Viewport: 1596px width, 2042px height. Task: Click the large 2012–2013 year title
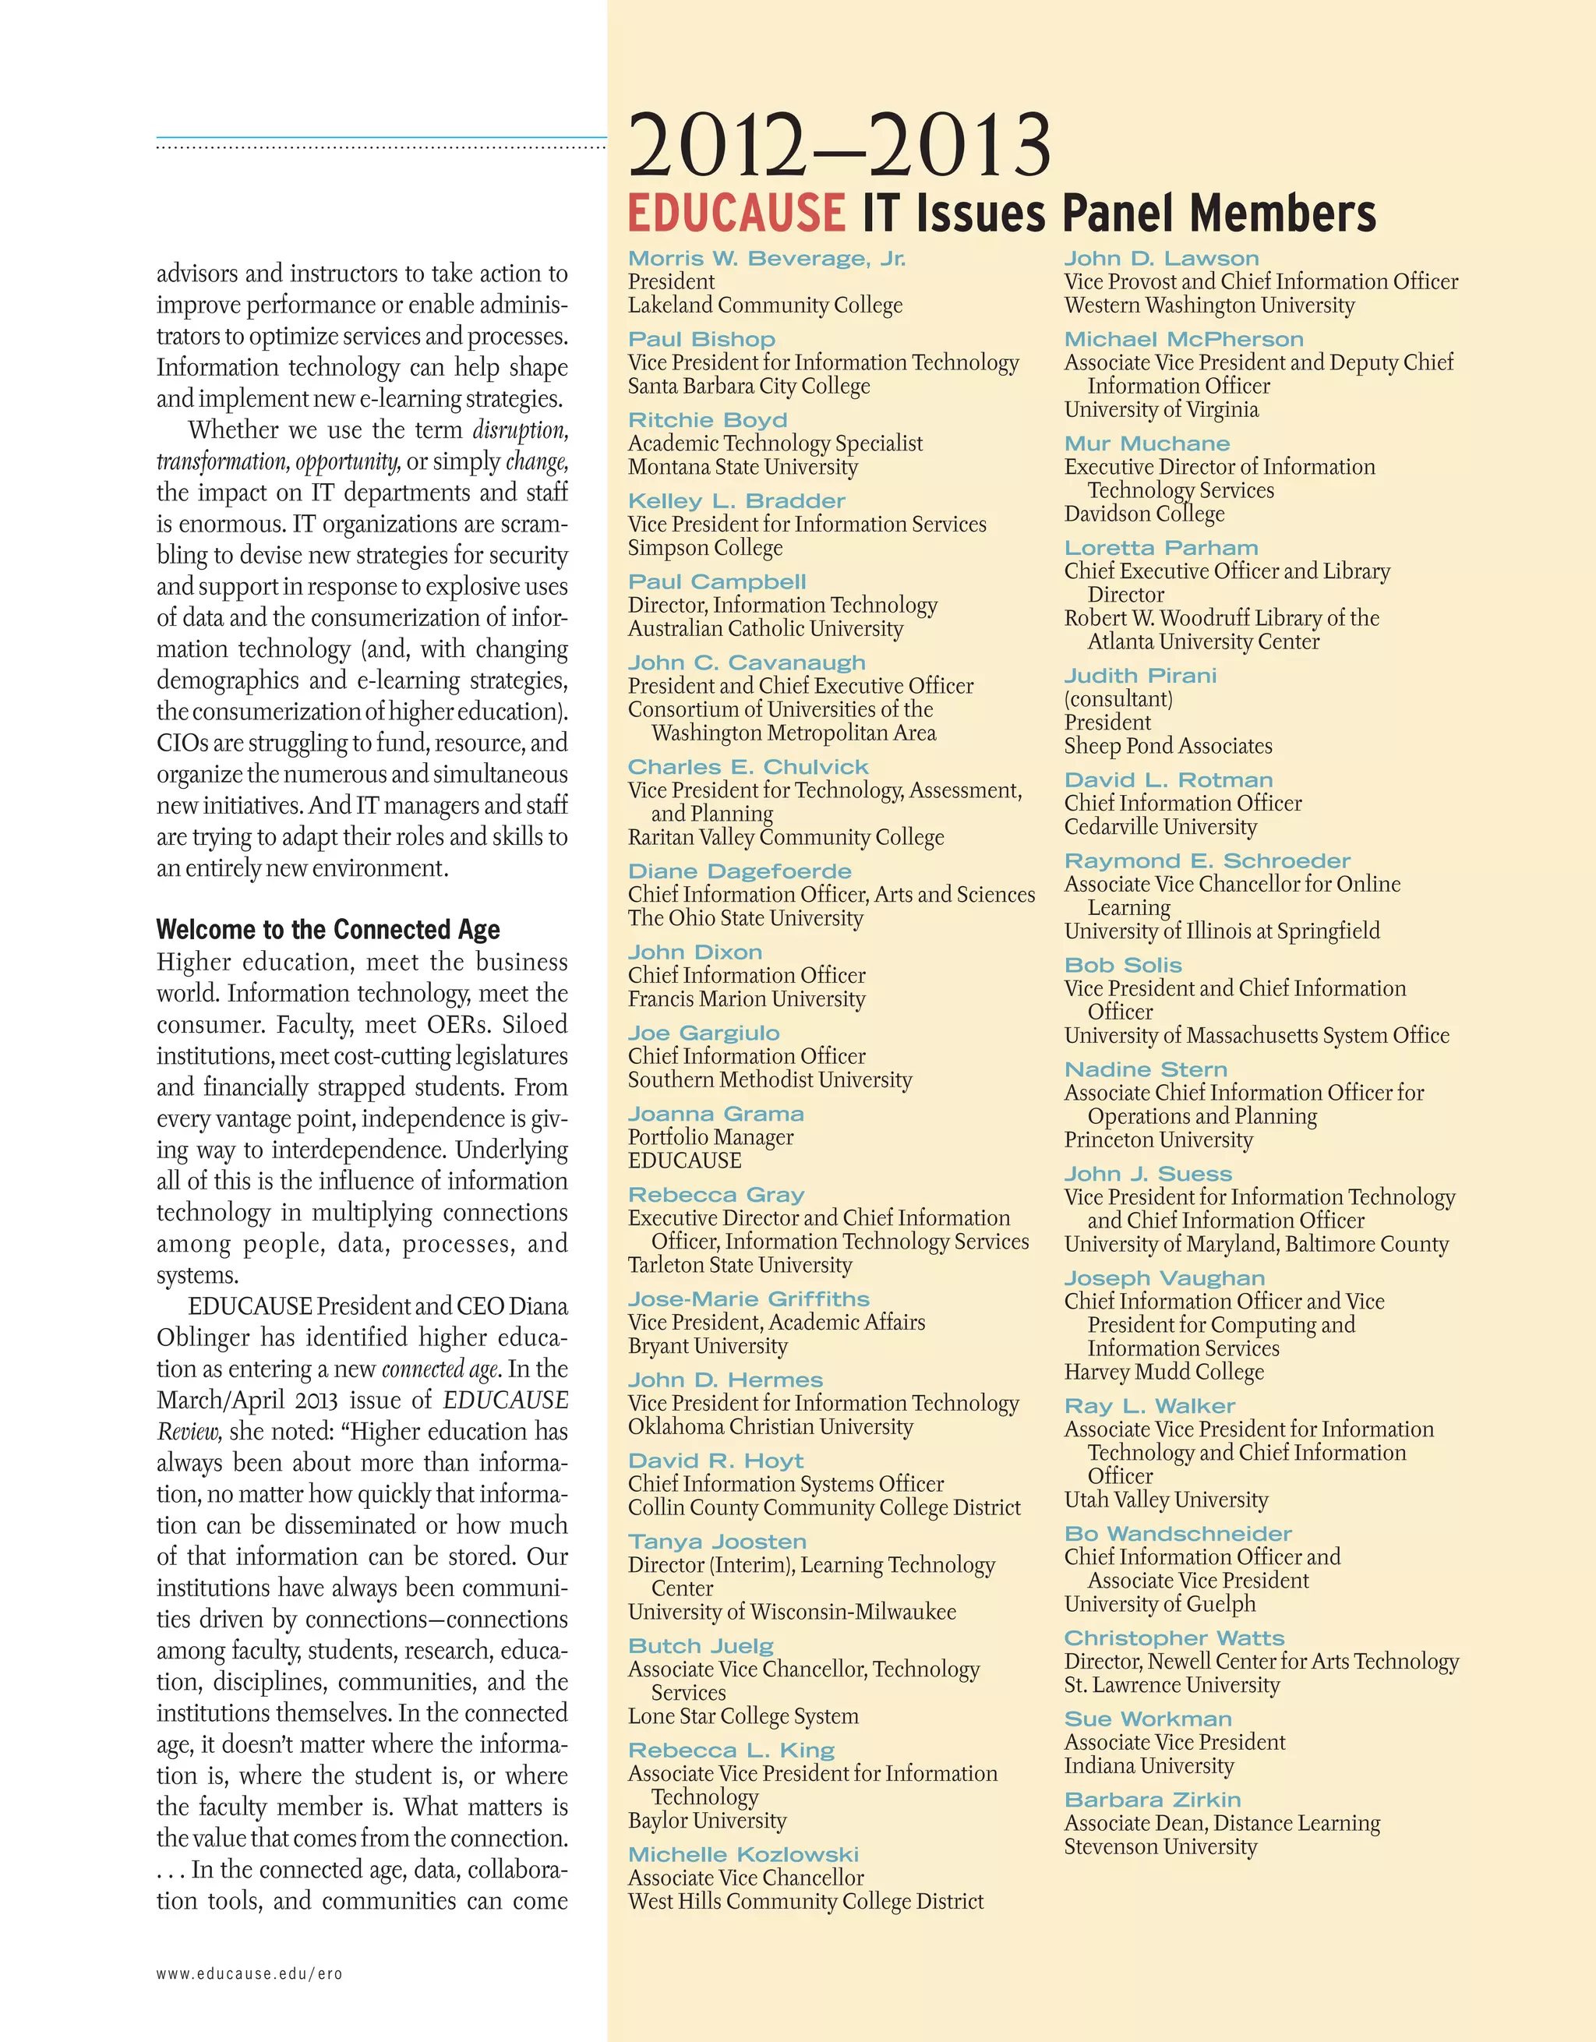839,146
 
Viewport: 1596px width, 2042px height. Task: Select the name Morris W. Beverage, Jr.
767,259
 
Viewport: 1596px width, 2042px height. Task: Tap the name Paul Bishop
701,339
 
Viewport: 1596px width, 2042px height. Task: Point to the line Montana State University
743,467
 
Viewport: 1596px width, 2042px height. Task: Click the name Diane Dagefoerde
740,871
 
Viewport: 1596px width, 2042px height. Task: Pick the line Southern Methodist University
769,1080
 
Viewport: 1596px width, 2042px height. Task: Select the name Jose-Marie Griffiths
748,1298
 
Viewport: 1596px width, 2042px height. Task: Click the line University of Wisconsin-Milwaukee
792,1612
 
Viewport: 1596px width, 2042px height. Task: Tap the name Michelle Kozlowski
743,1854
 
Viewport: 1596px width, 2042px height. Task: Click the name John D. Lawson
1161,259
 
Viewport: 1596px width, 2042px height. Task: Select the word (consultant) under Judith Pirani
1118,698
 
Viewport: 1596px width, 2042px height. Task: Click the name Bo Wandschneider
1178,1533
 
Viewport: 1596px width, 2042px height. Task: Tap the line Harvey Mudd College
1163,1372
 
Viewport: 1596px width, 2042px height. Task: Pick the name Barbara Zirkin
1152,1800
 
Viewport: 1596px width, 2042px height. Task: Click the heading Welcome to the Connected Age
328,929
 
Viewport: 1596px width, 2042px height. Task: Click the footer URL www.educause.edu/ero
249,1973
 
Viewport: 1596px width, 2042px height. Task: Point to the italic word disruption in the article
520,430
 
